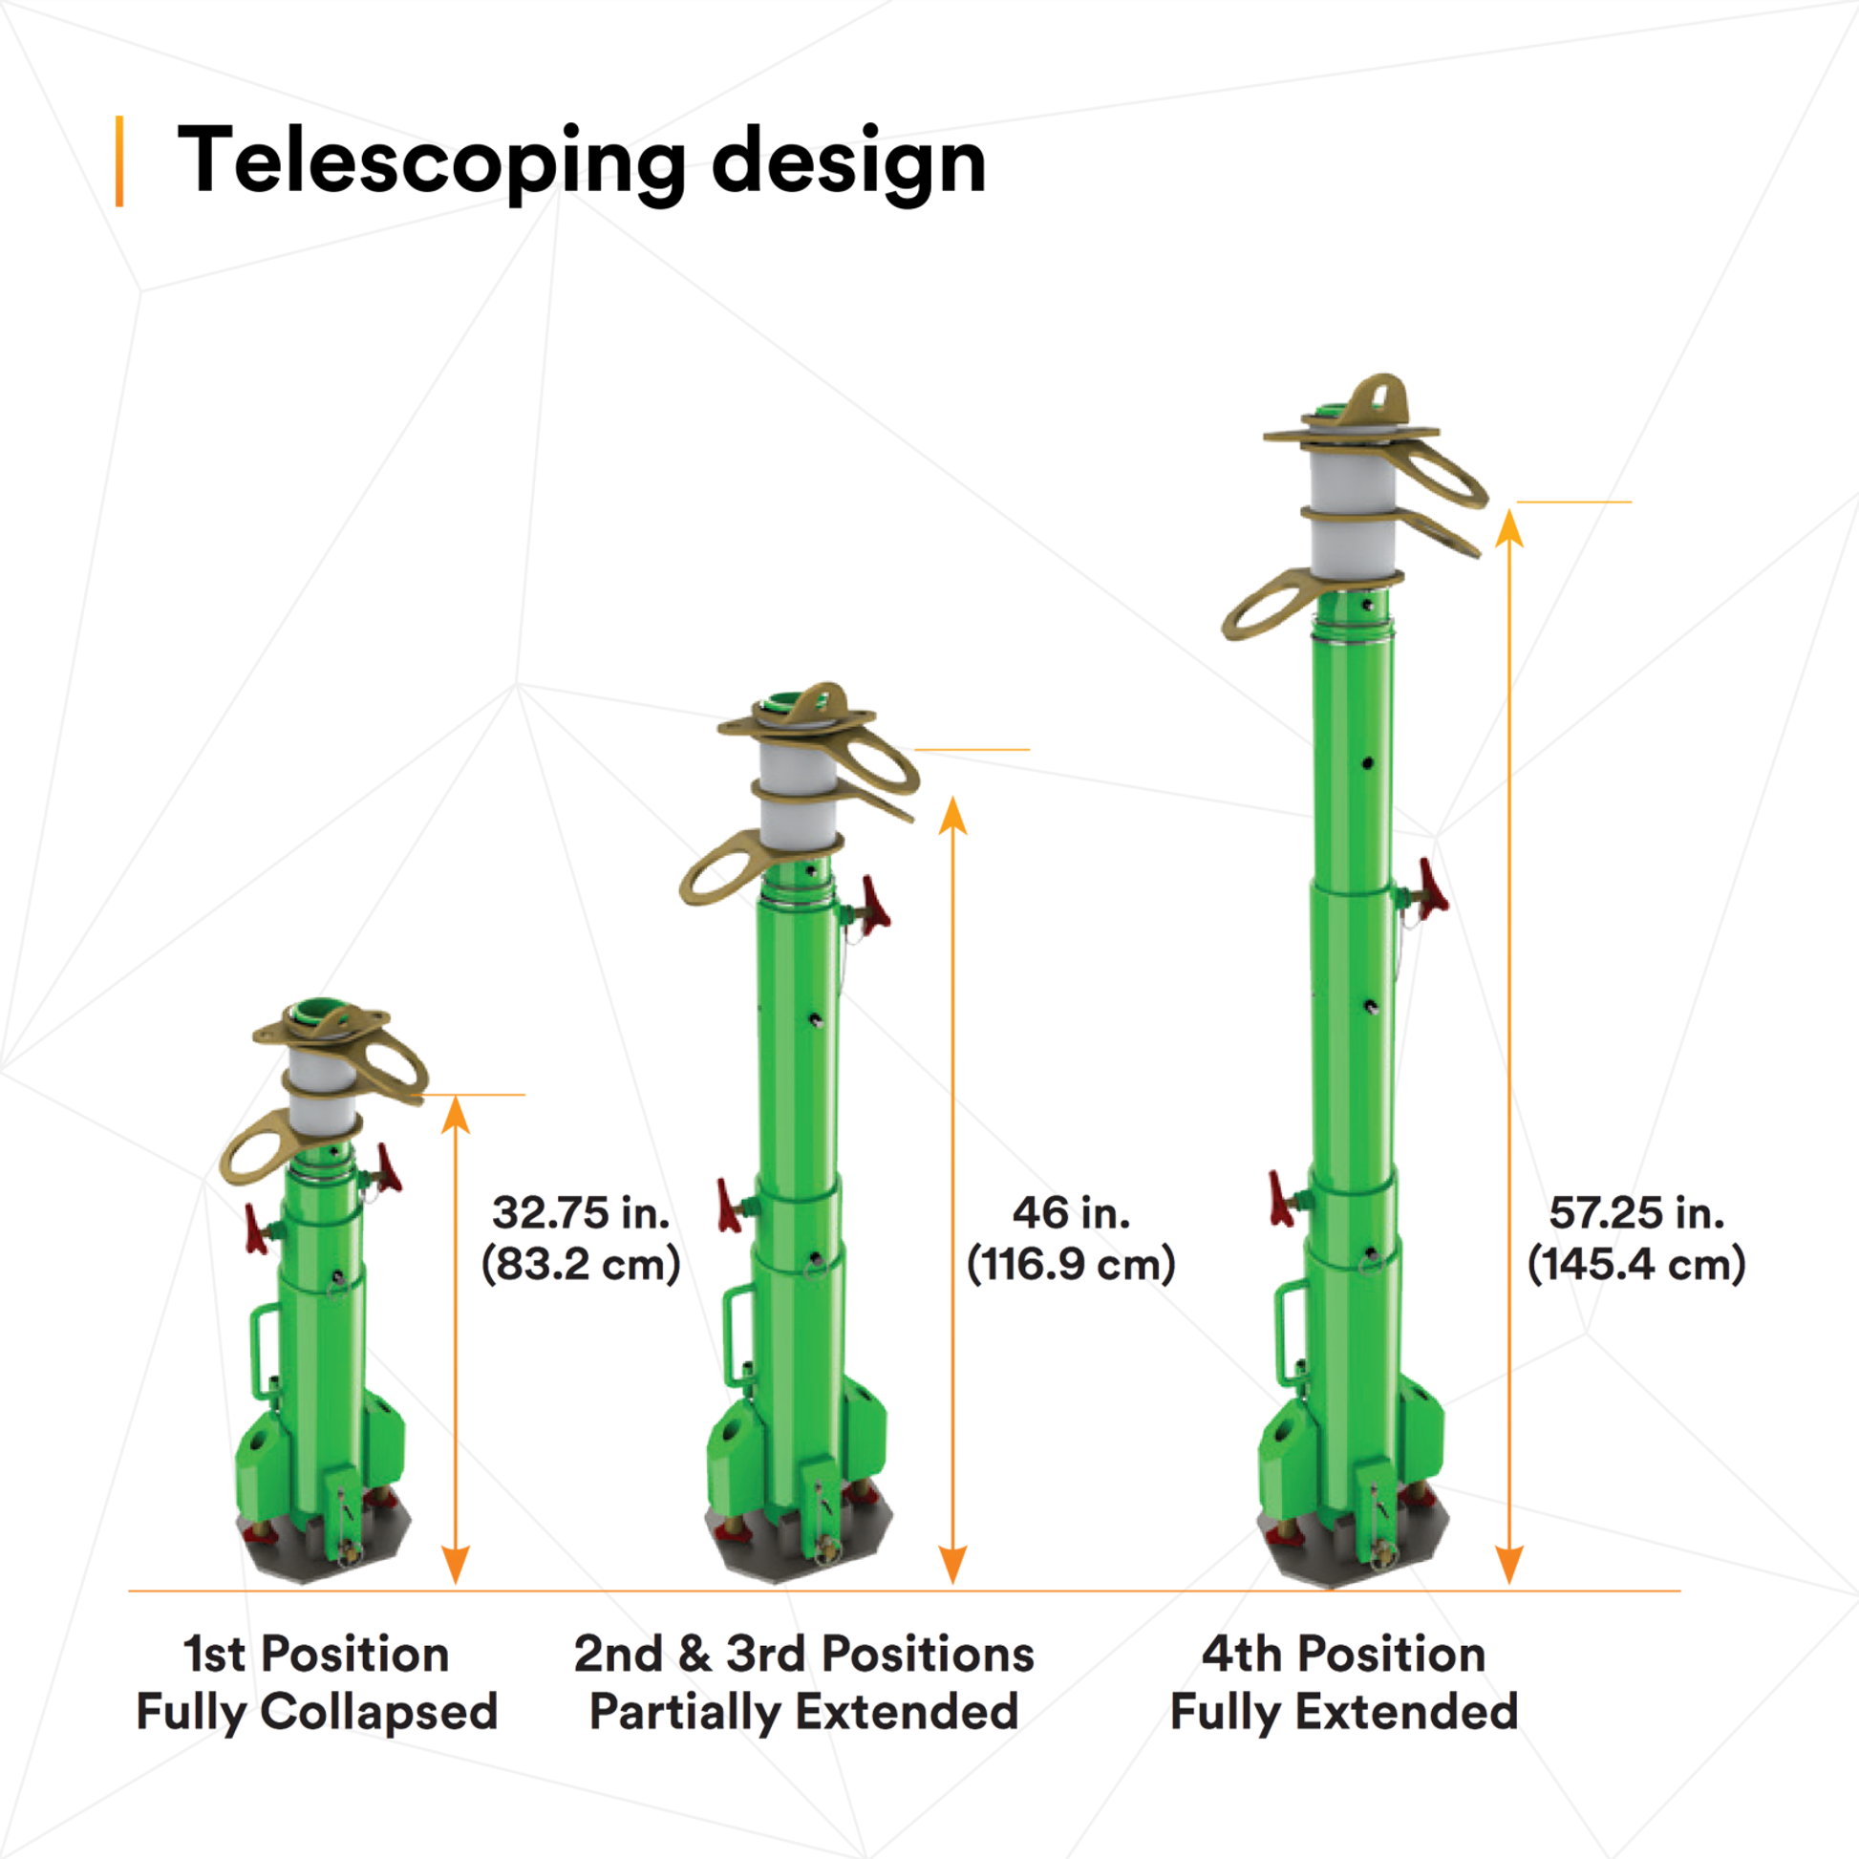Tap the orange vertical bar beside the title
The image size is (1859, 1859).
[x=119, y=161]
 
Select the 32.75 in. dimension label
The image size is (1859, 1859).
[x=581, y=1213]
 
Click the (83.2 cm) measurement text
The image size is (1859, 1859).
[x=581, y=1265]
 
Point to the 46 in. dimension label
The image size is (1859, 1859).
[x=1071, y=1213]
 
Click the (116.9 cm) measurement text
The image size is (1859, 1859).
[x=1071, y=1265]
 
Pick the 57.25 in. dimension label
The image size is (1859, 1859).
[x=1636, y=1213]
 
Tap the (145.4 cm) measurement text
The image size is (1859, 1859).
[x=1636, y=1265]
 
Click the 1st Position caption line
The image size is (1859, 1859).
[x=316, y=1654]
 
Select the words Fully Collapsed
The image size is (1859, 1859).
[x=316, y=1713]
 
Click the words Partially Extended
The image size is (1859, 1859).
[x=804, y=1713]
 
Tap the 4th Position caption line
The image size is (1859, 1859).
[x=1344, y=1654]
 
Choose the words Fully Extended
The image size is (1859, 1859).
[x=1344, y=1713]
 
